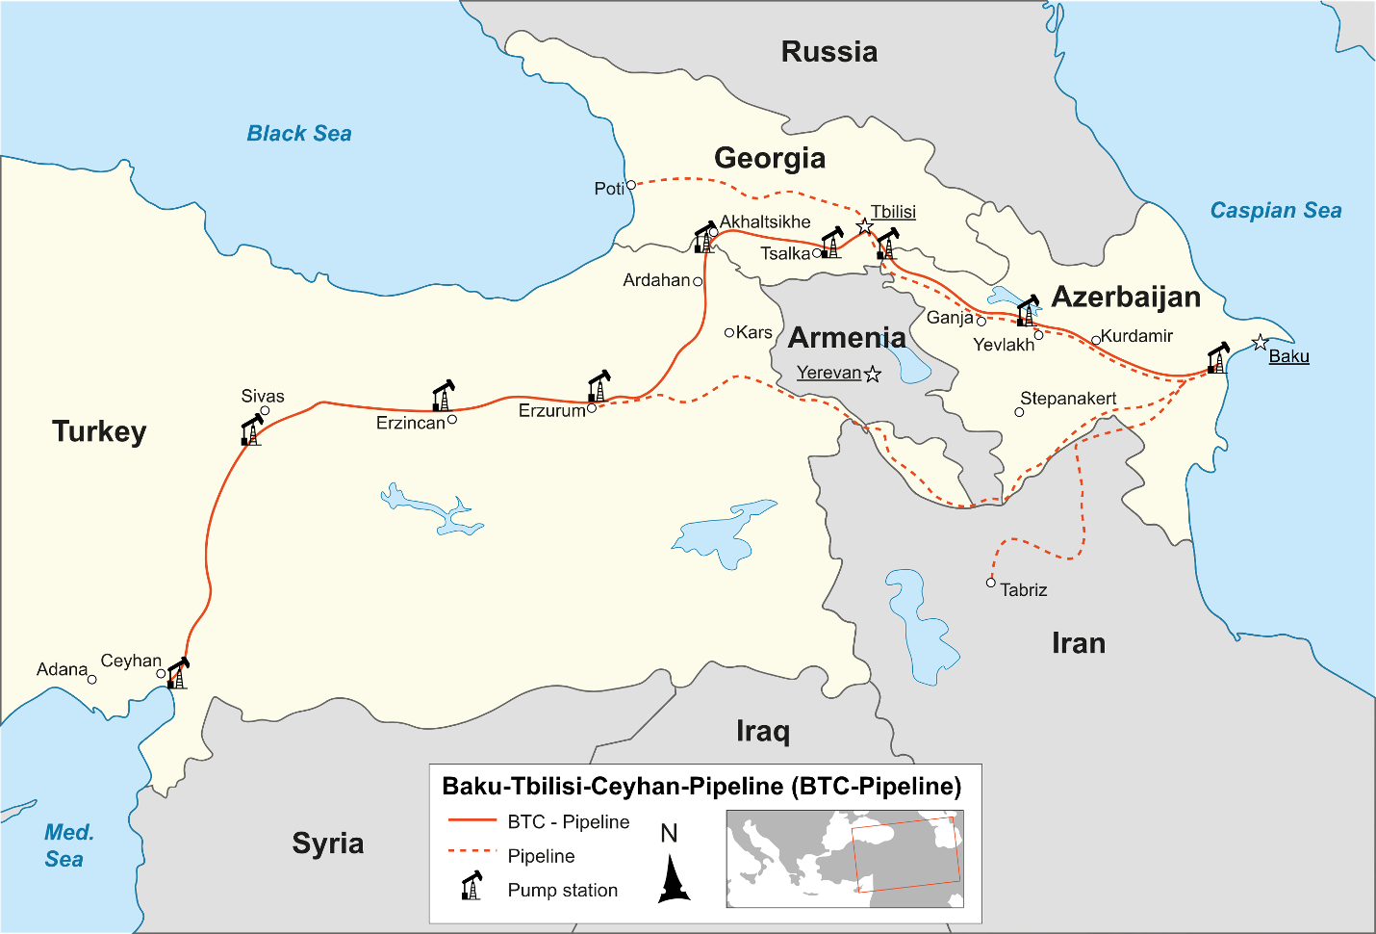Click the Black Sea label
pos(299,134)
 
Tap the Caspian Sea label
pos(1275,211)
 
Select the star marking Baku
pos(1260,343)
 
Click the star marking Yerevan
pos(873,375)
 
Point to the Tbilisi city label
pos(893,212)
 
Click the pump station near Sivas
pos(251,429)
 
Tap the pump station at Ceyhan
pos(178,673)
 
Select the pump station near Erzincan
pos(443,396)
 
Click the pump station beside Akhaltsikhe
pos(704,239)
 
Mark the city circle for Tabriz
pos(991,583)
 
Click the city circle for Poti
pos(631,185)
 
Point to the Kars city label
pos(753,332)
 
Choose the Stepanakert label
pos(1068,399)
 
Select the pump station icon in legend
pos(471,886)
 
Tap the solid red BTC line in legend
pos(471,821)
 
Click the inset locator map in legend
pos(844,859)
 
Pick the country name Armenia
pos(847,338)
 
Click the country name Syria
pos(328,843)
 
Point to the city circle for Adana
pos(92,680)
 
